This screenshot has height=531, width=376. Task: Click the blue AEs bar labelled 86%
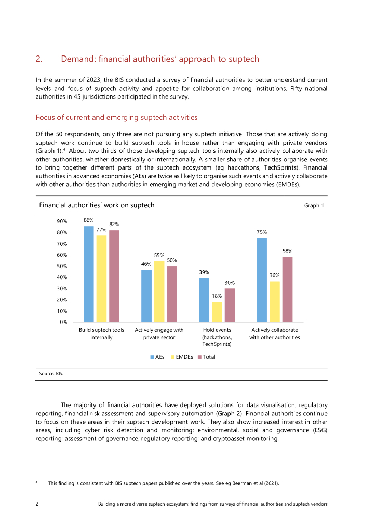coord(89,274)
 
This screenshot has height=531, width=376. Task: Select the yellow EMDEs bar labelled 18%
coord(217,312)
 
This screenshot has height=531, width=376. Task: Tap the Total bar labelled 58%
coord(287,289)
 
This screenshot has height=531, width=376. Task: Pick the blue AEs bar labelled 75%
coord(262,280)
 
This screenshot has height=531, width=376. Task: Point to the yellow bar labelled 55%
coord(159,291)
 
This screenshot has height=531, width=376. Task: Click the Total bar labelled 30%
coord(229,305)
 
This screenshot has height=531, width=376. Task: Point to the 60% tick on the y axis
coord(61,255)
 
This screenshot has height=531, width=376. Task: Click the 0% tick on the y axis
coord(63,322)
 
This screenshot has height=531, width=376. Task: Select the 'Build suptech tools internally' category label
coord(101,333)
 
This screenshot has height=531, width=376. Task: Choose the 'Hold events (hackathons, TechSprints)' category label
coord(217,337)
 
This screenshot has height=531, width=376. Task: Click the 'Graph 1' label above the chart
coord(314,206)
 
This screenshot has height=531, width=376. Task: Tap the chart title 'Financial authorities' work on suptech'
coord(97,205)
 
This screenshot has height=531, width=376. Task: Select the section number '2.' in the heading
coord(39,59)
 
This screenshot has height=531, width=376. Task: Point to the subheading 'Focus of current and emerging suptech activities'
coord(116,117)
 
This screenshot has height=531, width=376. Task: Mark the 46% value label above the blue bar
coord(146,264)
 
